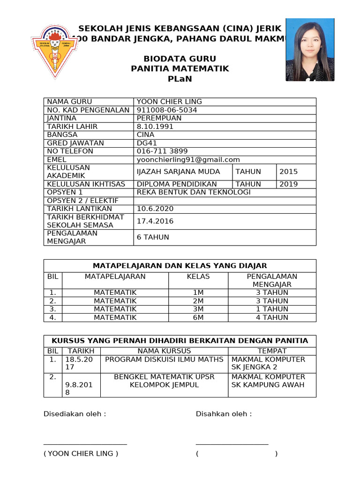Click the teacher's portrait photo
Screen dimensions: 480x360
pyautogui.click(x=310, y=50)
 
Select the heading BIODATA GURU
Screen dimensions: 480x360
pyautogui.click(x=180, y=59)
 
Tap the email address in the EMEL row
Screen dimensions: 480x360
pyautogui.click(x=188, y=159)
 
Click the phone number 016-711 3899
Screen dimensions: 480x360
pyautogui.click(x=162, y=151)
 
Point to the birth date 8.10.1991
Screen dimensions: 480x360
pyautogui.click(x=155, y=127)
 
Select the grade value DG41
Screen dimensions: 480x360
pyautogui.click(x=147, y=143)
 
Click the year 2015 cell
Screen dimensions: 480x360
pyautogui.click(x=288, y=172)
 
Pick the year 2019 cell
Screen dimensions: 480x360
pyautogui.click(x=288, y=184)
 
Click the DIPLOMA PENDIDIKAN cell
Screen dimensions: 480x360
pyautogui.click(x=177, y=184)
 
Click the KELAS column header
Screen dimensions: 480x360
pyautogui.click(x=198, y=277)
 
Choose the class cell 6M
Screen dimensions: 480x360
pyautogui.click(x=198, y=317)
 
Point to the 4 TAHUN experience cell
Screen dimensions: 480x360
pyautogui.click(x=272, y=317)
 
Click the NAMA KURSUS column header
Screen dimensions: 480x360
pyautogui.click(x=164, y=351)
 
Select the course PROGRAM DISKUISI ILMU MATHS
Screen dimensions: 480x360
pyautogui.click(x=164, y=360)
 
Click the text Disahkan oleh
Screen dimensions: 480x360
pyautogui.click(x=224, y=414)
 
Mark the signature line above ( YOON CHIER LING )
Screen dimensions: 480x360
pyautogui.click(x=85, y=443)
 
